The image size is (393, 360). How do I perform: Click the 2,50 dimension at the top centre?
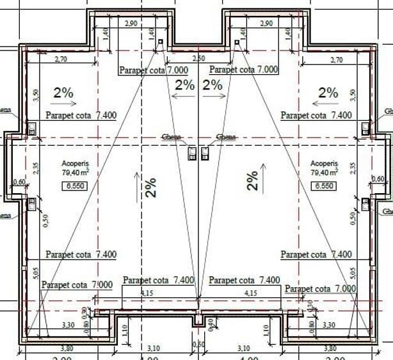click(x=198, y=59)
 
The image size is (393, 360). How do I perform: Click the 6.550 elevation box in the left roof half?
click(x=73, y=186)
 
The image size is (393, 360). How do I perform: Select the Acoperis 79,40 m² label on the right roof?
click(x=324, y=168)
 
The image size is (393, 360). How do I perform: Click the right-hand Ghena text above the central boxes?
click(x=226, y=137)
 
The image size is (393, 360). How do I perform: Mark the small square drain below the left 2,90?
click(x=160, y=42)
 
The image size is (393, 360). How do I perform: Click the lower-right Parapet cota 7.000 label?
click(x=320, y=289)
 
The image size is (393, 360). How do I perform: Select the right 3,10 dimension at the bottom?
click(x=243, y=348)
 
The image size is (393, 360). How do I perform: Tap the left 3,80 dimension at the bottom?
click(x=66, y=348)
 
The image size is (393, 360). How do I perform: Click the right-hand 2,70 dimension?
click(x=335, y=59)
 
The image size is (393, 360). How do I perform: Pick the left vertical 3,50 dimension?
click(x=36, y=95)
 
